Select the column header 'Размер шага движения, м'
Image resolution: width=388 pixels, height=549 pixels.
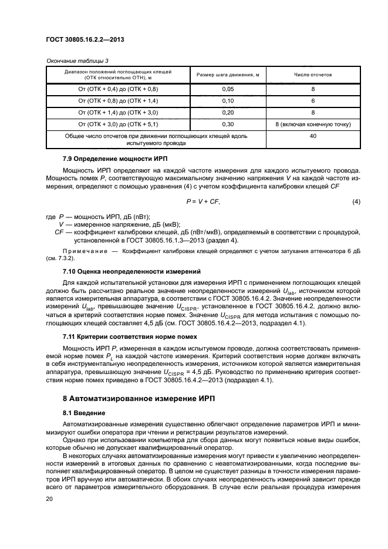(x=228, y=76)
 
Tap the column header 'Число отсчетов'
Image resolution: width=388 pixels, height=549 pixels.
(x=313, y=76)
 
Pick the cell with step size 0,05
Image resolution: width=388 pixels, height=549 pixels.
(x=228, y=89)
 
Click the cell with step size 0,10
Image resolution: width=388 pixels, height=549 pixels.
(x=228, y=100)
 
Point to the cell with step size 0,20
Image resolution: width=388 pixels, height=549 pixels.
(x=228, y=113)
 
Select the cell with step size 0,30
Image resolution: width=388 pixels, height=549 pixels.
(x=228, y=124)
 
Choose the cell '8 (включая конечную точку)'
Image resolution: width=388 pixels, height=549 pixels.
(x=313, y=124)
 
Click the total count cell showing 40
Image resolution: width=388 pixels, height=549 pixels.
(x=313, y=136)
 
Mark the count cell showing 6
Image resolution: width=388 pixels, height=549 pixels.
(x=313, y=100)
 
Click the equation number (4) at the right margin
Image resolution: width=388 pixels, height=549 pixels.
(x=356, y=202)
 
